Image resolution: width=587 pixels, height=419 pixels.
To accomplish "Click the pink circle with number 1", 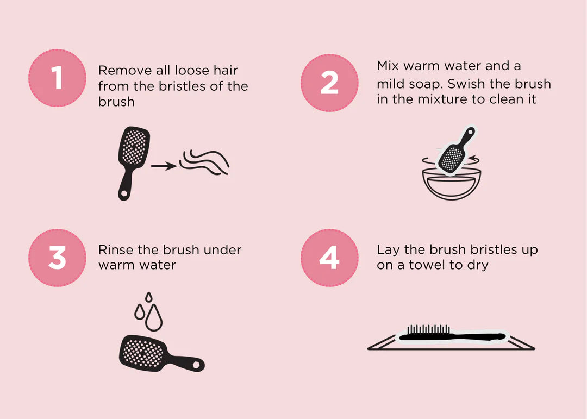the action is [57, 78].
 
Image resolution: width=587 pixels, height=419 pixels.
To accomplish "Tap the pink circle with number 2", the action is [329, 83].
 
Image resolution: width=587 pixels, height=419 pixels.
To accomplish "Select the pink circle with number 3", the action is [57, 258].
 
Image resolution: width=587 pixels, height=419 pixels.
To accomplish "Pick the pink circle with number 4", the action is [329, 258].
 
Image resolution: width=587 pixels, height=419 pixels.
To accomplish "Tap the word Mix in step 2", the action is [388, 66].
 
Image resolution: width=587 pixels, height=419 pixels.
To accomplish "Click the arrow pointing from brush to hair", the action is [164, 166].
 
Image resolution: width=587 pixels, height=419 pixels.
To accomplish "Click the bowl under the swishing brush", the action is [452, 185].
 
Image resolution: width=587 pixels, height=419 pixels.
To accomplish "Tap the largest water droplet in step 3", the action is [153, 318].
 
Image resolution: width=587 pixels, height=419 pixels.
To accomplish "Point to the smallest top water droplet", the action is [149, 297].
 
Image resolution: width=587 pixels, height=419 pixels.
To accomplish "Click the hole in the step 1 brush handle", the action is [123, 193].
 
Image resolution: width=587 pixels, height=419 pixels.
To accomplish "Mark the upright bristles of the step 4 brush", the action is [429, 329].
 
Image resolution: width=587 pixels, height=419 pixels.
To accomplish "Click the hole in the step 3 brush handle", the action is [197, 364].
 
